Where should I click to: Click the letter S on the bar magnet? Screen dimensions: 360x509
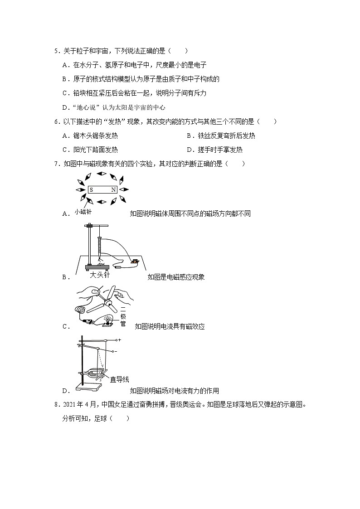coord(92,190)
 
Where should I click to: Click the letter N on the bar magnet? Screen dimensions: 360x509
coord(113,190)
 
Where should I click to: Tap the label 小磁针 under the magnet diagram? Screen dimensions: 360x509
coord(83,211)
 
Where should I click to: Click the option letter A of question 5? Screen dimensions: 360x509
coord(65,65)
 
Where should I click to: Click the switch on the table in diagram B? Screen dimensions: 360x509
coord(134,261)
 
